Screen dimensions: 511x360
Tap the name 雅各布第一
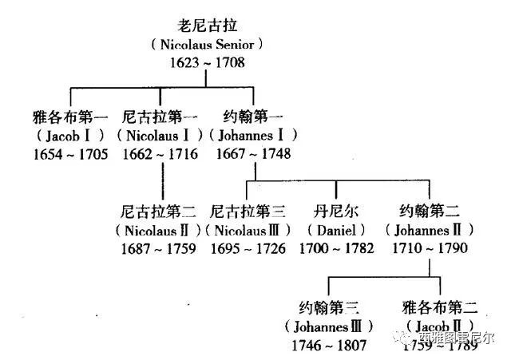(x=71, y=117)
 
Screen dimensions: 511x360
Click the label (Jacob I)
(x=71, y=135)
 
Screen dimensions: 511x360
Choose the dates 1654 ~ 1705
(x=71, y=153)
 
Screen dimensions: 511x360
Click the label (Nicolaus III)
(x=247, y=230)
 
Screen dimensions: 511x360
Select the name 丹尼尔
(x=335, y=212)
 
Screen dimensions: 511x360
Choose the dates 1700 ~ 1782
(x=336, y=247)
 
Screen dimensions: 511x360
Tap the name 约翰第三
(x=329, y=308)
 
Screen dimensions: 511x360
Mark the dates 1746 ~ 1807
(x=329, y=344)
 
